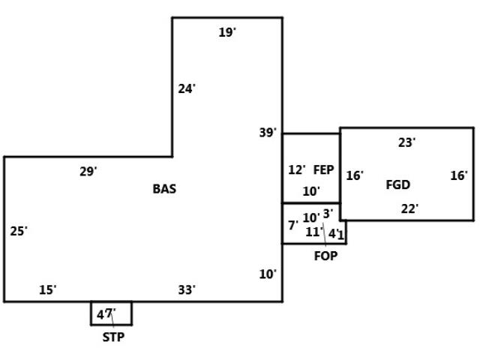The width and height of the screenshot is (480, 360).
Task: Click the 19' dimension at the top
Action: point(227,32)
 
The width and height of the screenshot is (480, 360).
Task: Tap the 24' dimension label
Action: point(187,88)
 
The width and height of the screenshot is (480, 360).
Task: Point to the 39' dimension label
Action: point(268,133)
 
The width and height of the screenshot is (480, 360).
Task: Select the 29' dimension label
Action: point(88,172)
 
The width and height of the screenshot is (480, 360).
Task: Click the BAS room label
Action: point(164,189)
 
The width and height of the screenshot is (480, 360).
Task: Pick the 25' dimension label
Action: point(19,231)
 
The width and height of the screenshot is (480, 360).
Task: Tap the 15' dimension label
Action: point(47,289)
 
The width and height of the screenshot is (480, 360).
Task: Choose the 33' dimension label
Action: point(187,289)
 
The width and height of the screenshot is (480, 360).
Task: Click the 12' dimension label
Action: point(297,170)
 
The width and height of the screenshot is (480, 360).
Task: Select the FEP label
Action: point(323,170)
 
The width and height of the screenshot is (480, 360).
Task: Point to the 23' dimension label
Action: point(406,142)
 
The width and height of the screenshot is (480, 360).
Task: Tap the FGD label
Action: point(397,184)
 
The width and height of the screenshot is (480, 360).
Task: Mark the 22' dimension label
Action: point(409,209)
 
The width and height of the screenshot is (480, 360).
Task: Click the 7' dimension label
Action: point(292,225)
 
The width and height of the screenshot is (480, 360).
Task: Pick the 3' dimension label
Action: point(328,214)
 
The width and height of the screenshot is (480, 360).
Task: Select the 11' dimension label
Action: point(313,232)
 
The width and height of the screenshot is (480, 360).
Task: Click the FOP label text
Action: point(325,256)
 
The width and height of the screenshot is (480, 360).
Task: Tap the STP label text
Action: point(113,337)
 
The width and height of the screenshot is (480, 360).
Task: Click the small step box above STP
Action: point(124,313)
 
